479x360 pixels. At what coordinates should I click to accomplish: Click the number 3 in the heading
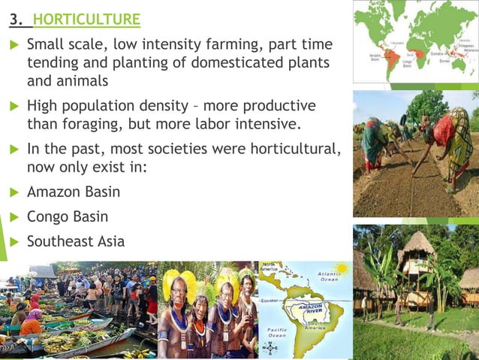[x=14, y=19]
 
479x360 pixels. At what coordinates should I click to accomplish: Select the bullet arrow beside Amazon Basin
[x=12, y=192]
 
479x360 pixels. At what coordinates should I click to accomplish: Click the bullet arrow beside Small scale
[x=12, y=47]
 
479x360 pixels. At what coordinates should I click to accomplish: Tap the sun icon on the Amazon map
[x=342, y=268]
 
